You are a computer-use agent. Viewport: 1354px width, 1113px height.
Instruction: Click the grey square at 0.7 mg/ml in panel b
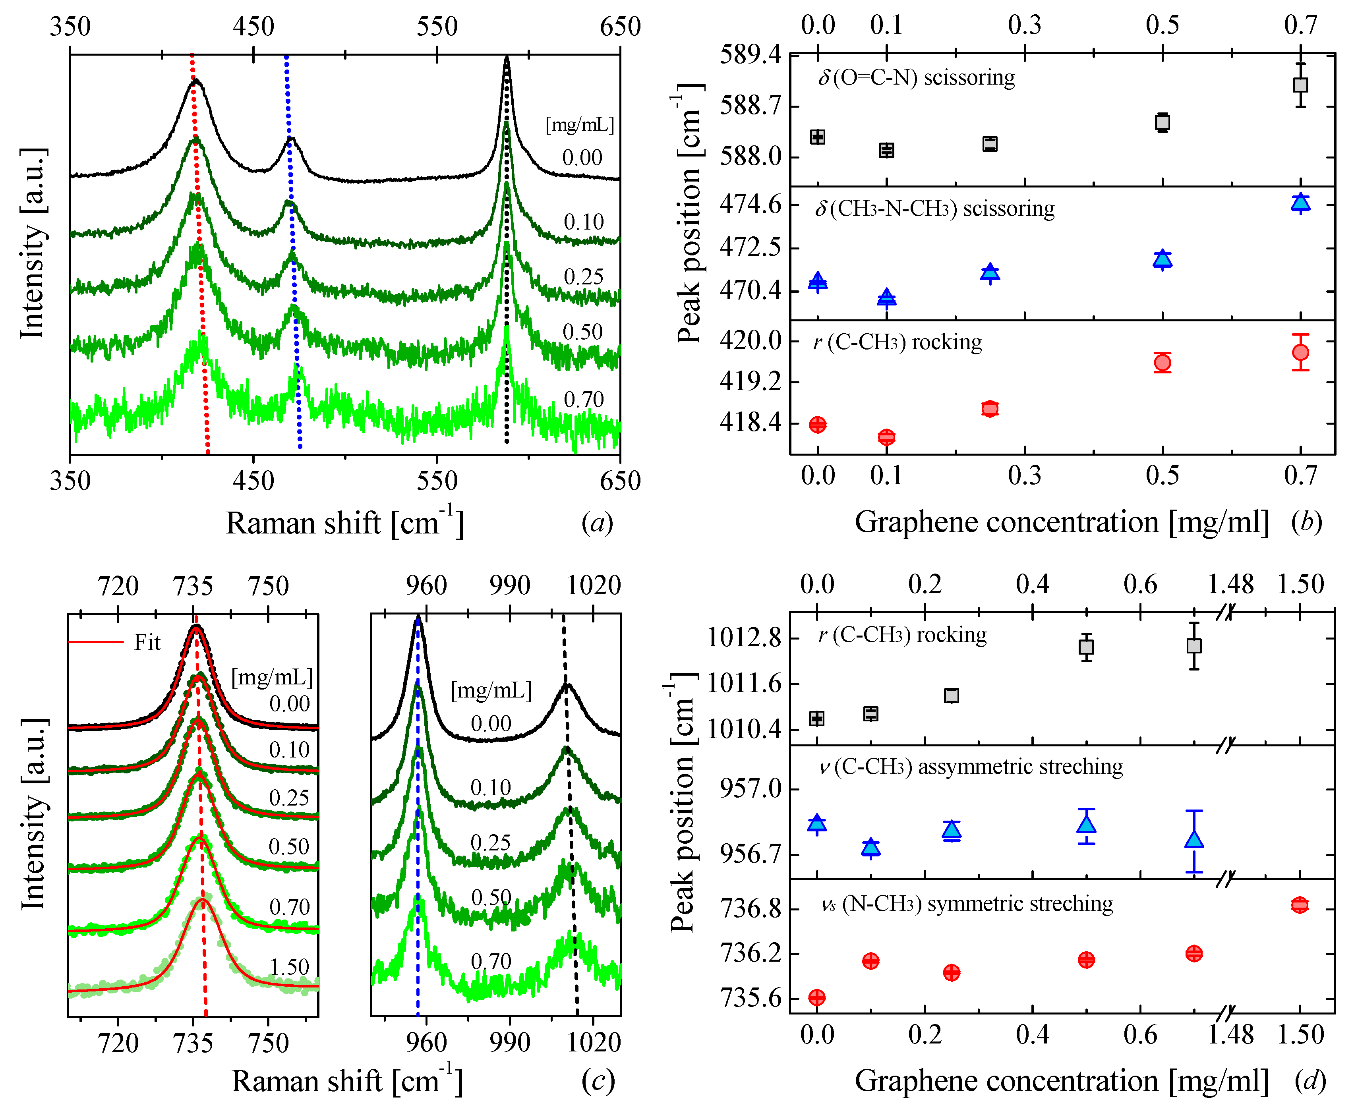(x=1300, y=85)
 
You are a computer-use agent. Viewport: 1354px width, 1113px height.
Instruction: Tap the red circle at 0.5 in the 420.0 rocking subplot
(x=1163, y=363)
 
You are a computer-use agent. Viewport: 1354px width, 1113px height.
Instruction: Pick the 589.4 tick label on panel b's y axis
(x=751, y=55)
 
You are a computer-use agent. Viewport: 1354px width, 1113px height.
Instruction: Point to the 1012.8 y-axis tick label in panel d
(x=744, y=639)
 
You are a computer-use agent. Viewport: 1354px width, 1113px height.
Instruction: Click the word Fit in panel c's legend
(x=147, y=642)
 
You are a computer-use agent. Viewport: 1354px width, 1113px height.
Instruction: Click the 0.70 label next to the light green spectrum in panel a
(x=583, y=400)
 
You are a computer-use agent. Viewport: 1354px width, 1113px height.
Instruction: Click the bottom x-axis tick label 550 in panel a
(x=437, y=481)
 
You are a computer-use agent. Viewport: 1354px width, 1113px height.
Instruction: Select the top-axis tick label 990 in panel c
(x=510, y=585)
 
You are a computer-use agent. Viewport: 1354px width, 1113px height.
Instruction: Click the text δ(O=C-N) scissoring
(x=917, y=77)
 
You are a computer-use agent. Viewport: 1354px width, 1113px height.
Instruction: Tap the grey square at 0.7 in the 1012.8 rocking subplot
(x=1194, y=645)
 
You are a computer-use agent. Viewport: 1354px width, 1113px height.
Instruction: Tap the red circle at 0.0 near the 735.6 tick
(x=817, y=997)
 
